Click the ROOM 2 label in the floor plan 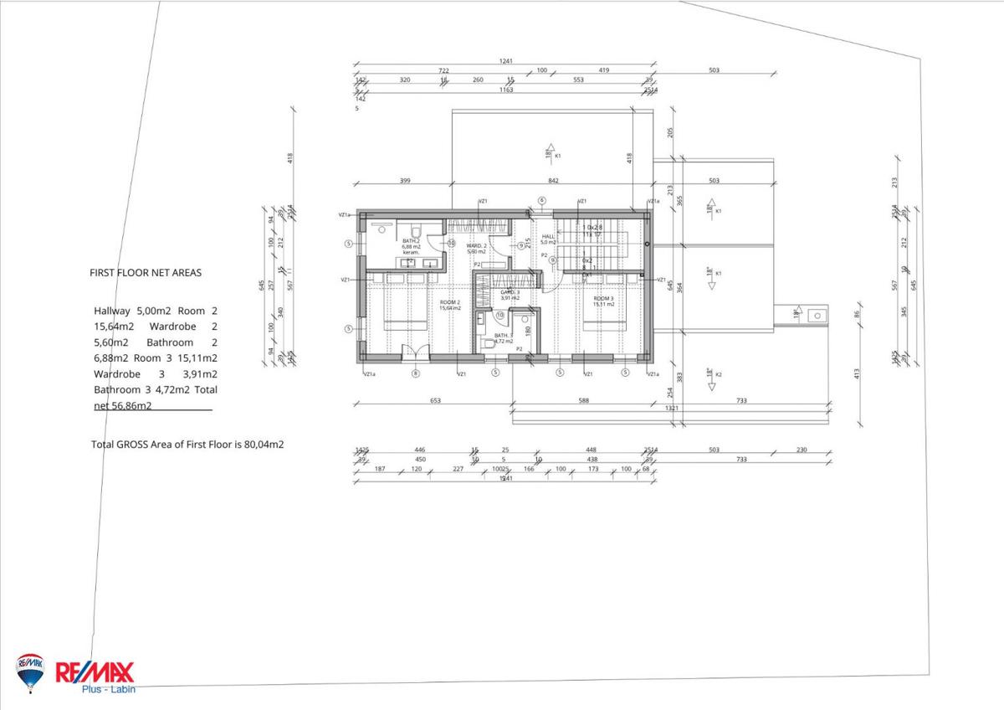(450, 304)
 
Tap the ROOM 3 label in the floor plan (603, 301)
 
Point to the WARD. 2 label (476, 248)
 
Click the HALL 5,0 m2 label (548, 239)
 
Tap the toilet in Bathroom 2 (414, 229)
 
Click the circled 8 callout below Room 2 (415, 373)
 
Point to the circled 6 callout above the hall (541, 201)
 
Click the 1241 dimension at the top (505, 61)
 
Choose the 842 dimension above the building (553, 180)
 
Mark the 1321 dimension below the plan (671, 409)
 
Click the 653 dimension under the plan (435, 401)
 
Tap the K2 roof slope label (718, 374)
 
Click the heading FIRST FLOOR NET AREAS (146, 272)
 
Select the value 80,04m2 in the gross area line (264, 445)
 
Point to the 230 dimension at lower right (802, 450)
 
